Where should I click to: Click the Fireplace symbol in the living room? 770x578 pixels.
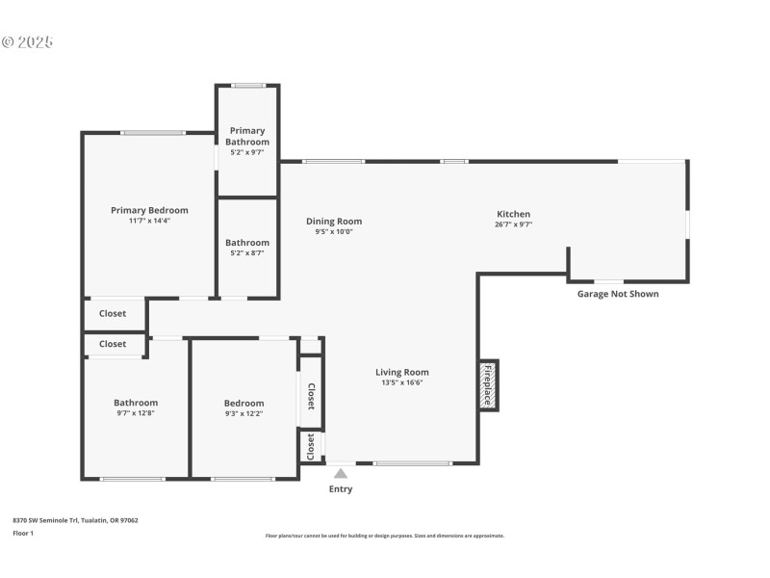tap(488, 385)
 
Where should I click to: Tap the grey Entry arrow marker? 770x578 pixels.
tap(341, 473)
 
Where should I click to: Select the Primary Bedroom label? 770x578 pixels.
tap(149, 210)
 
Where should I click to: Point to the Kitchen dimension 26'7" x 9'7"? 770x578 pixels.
tap(513, 224)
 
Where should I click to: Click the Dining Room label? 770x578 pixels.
tap(334, 221)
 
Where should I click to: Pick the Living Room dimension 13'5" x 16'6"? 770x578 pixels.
tap(401, 382)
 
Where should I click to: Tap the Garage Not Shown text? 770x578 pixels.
tap(617, 294)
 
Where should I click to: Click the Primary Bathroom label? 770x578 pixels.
tap(247, 136)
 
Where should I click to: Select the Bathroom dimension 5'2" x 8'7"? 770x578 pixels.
tap(247, 253)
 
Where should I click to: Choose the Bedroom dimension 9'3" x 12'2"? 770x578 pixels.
tap(244, 413)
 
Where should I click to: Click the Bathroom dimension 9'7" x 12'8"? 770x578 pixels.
tap(136, 413)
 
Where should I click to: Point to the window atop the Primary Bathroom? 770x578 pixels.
tap(247, 86)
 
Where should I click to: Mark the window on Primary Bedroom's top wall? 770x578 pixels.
tap(153, 133)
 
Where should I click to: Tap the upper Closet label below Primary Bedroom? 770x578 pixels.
tap(113, 313)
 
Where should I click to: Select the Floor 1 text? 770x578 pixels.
tap(23, 533)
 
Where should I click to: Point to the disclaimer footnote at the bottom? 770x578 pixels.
tap(384, 536)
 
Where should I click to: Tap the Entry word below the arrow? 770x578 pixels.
tap(341, 489)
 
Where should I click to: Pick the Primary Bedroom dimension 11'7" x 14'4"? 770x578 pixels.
tap(149, 221)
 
